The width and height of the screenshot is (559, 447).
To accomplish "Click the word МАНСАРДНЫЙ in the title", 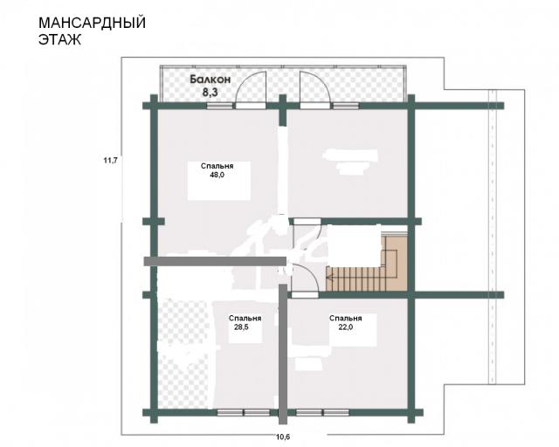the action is pyautogui.click(x=92, y=23).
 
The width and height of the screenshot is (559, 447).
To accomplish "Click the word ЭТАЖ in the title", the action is pyautogui.click(x=59, y=39).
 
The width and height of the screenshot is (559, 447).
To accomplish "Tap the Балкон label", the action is pyautogui.click(x=210, y=79).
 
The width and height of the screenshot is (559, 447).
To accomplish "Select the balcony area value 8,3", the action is pyautogui.click(x=210, y=93).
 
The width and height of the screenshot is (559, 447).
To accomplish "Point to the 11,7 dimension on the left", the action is pyautogui.click(x=111, y=161).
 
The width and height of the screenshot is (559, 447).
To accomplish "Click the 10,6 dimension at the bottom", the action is pyautogui.click(x=283, y=437).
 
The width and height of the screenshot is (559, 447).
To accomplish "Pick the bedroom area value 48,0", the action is pyautogui.click(x=217, y=175).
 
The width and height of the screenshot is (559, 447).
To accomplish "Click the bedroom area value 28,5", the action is pyautogui.click(x=241, y=327).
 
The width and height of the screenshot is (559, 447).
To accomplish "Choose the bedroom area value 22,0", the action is pyautogui.click(x=346, y=327).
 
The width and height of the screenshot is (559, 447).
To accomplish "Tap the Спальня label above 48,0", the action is pyautogui.click(x=217, y=166).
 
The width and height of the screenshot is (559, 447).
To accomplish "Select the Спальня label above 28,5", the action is pyautogui.click(x=245, y=319).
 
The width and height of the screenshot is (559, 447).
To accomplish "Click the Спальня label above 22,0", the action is pyautogui.click(x=346, y=319).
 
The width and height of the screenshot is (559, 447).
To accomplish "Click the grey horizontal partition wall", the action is pyautogui.click(x=216, y=261).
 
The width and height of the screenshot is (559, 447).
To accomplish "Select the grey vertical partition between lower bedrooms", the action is pyautogui.click(x=283, y=354).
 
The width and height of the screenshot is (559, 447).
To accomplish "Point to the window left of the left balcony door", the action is pyautogui.click(x=220, y=106).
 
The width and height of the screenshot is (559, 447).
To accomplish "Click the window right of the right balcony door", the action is pyautogui.click(x=346, y=106).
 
